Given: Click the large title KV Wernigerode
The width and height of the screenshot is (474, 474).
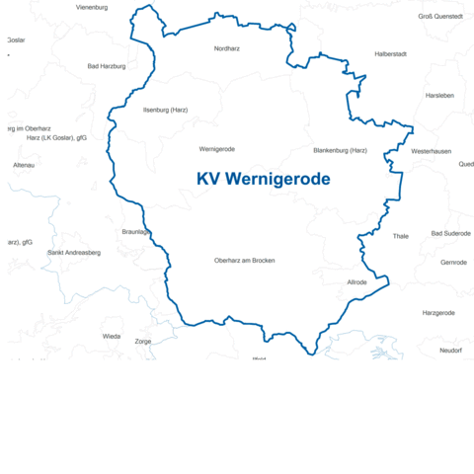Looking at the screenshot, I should tap(264, 179).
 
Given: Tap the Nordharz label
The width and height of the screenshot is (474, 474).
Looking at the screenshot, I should tap(227, 47).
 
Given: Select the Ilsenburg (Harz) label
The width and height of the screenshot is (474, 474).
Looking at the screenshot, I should tap(165, 110).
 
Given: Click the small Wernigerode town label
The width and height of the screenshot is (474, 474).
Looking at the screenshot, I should tap(216, 149).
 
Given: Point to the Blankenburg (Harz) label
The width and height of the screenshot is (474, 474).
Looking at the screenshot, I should tap(340, 150).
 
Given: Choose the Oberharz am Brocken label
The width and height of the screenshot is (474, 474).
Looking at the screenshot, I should tap(244, 261).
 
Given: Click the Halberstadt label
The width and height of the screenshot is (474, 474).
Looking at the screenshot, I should tap(390, 53).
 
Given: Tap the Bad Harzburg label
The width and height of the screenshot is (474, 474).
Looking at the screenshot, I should tap(107, 66).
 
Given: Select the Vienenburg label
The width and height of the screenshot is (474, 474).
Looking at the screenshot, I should tap(92, 7).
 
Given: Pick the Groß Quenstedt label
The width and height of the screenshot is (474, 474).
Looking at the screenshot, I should tap(440, 16).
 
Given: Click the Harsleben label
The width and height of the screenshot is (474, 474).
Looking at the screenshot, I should tap(439, 96).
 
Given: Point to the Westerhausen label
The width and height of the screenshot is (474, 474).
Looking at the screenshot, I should tap(431, 151).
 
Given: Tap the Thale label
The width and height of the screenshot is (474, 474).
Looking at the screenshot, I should tap(400, 236).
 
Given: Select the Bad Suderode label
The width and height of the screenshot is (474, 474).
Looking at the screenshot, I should tap(451, 233).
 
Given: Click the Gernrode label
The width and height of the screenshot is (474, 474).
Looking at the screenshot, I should tap(453, 262).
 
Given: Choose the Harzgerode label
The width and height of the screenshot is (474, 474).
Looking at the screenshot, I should tap(438, 312).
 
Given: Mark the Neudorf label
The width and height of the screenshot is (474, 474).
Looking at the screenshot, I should tap(450, 350).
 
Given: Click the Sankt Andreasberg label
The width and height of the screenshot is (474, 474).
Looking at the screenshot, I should tap(74, 252).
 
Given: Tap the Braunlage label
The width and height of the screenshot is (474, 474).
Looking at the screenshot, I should tap(135, 231).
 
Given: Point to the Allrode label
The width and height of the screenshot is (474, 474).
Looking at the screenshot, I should tap(356, 282).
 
